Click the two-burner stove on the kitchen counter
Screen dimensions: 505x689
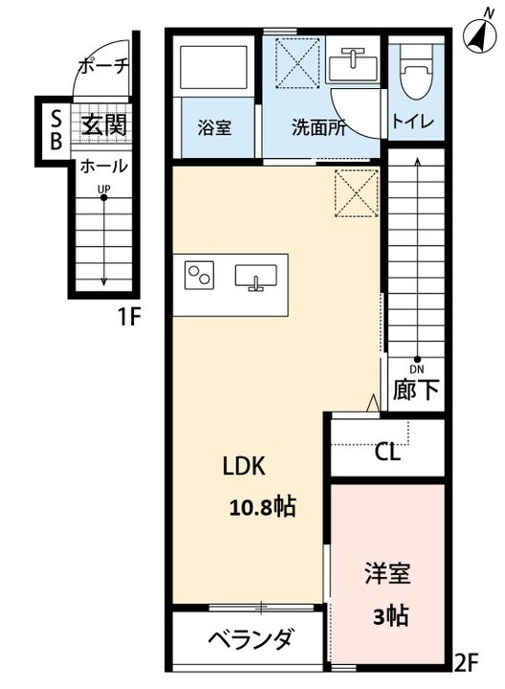click(x=199, y=275)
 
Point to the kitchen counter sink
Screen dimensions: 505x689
click(x=255, y=277)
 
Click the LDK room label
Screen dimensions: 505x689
click(x=244, y=466)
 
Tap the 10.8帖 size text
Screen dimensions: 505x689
click(x=263, y=507)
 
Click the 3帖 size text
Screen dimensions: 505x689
click(x=390, y=616)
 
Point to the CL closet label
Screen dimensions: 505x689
click(x=387, y=452)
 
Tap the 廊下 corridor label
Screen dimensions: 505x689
click(x=415, y=389)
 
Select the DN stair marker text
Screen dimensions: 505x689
click(x=417, y=369)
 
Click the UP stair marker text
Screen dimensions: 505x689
click(x=104, y=189)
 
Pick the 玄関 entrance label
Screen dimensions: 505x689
click(x=104, y=125)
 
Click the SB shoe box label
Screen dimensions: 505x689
click(x=55, y=129)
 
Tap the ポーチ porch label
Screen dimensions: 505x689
click(x=103, y=66)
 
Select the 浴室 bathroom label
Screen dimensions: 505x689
click(x=214, y=127)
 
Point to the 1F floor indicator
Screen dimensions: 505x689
click(x=128, y=317)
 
